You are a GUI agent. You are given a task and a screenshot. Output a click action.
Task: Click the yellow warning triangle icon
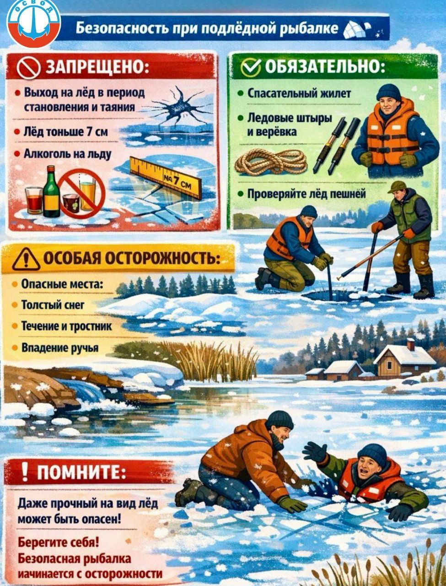click(x=26, y=259)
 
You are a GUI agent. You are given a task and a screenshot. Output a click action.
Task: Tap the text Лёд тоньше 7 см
click(x=66, y=132)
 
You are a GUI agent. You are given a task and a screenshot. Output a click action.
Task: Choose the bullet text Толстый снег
click(x=53, y=304)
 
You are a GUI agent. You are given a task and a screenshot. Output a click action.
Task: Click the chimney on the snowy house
click(x=410, y=344)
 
